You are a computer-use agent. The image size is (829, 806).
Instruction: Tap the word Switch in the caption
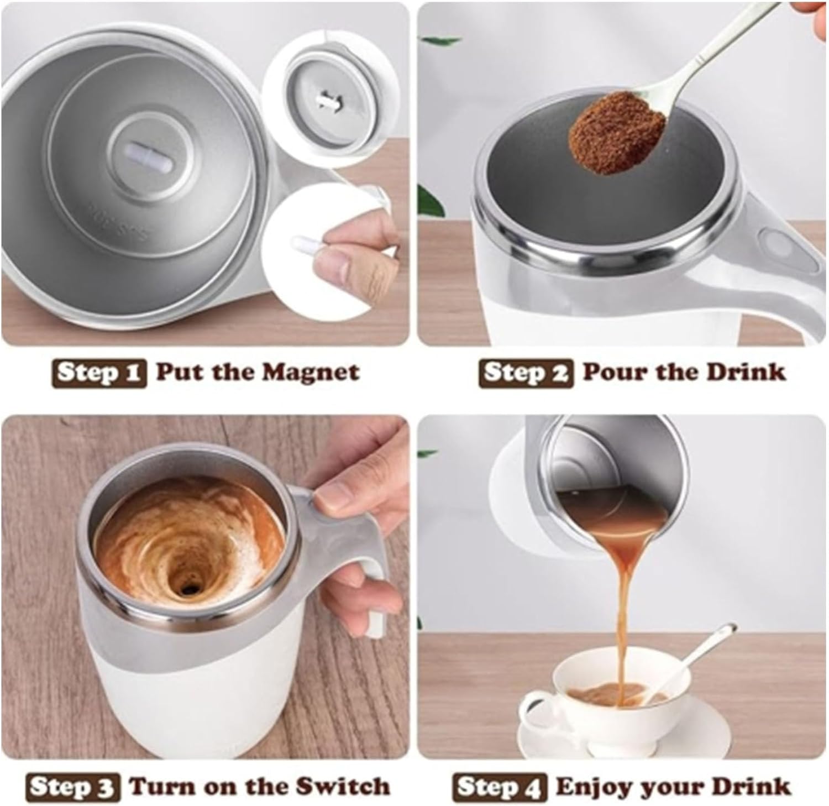[342, 786]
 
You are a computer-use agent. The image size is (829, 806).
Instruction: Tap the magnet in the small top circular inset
[326, 101]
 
